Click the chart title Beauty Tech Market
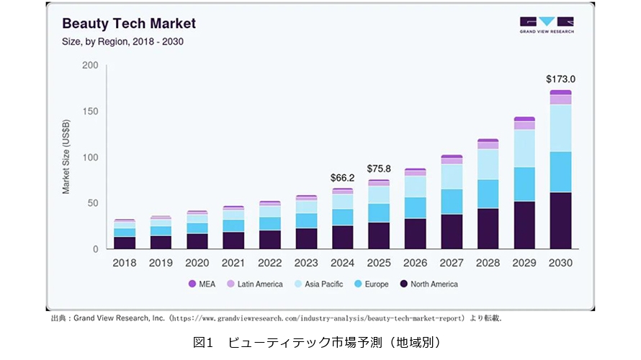129,23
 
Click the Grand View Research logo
547,24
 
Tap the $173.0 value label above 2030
560,79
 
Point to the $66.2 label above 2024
343,177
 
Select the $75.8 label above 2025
379,168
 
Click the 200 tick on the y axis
90,66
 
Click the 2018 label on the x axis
125,264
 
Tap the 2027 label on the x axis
452,264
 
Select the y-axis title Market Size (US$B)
66,158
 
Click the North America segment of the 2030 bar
560,220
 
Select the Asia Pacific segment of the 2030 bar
560,128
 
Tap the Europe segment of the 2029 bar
524,184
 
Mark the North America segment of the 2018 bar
125,243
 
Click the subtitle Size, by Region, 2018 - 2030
122,42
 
